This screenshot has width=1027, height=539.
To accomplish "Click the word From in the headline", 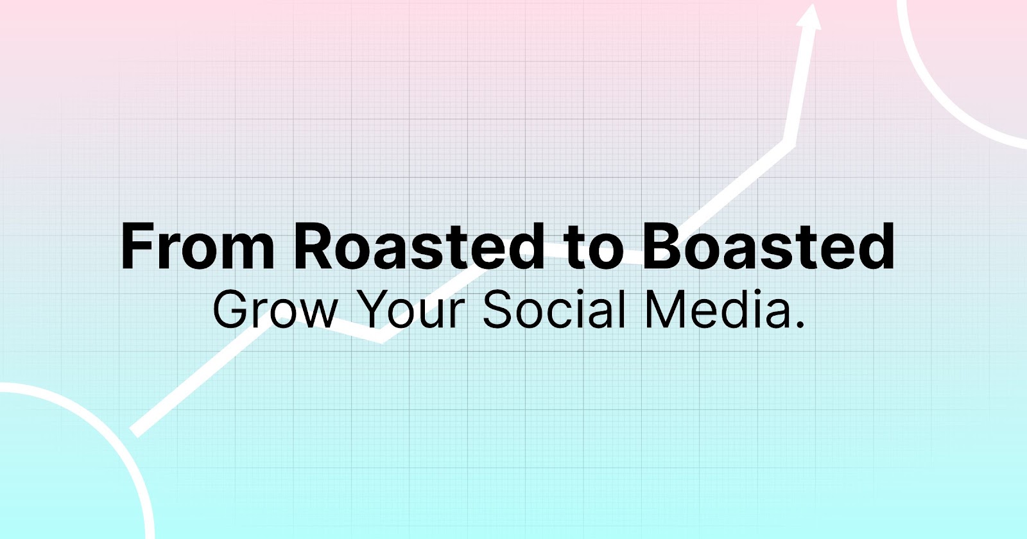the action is (x=198, y=246).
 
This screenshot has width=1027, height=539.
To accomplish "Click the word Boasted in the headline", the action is (x=769, y=246).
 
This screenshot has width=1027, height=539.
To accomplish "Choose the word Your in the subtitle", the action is (x=410, y=311).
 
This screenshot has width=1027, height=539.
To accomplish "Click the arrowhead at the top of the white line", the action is (x=809, y=17).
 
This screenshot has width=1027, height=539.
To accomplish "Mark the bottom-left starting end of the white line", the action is (x=134, y=432).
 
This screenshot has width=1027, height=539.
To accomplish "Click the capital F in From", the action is (x=137, y=246).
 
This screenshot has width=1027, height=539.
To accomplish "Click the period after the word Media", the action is (x=801, y=325).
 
